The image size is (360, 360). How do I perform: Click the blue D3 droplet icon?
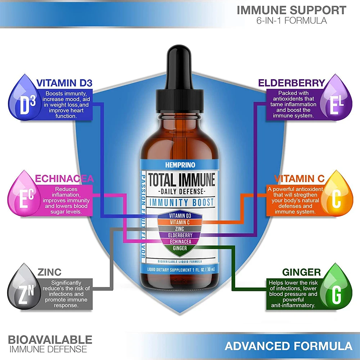(24, 100)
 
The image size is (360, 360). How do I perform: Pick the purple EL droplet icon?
(336, 100)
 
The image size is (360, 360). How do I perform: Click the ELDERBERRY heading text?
(292, 83)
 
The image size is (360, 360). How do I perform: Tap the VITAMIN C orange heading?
(299, 179)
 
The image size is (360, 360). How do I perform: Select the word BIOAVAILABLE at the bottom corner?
(50, 339)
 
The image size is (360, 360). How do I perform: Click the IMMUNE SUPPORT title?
(292, 10)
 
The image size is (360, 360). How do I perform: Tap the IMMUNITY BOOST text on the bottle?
(182, 202)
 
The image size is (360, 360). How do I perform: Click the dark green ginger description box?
(292, 293)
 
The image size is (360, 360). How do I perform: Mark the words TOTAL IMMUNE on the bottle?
(182, 179)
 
